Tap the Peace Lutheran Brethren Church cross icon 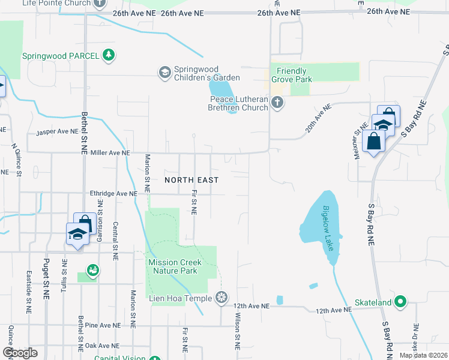pos(277,103)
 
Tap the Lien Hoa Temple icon pos(222,298)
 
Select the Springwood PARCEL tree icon pos(108,56)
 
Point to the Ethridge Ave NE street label pos(113,194)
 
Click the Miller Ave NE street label pos(110,153)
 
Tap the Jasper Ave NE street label pos(58,132)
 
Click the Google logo pos(20,353)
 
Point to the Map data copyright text pos(423,355)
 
